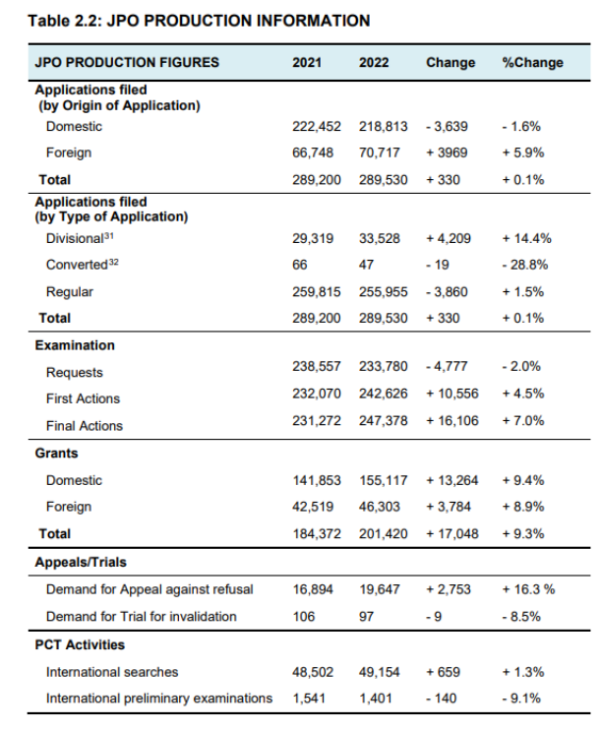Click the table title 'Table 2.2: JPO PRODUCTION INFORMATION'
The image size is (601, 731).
click(x=199, y=20)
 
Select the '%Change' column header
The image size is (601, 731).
click(x=532, y=62)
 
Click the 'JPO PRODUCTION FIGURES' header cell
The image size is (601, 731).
click(x=127, y=62)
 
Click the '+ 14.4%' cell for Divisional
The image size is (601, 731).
click(x=527, y=239)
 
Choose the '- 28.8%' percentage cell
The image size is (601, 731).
click(x=526, y=266)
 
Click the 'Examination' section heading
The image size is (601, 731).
click(x=75, y=345)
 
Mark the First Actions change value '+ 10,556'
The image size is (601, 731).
click(x=457, y=398)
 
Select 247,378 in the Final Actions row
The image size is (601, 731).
click(x=384, y=425)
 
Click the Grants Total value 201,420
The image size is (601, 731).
click(x=384, y=533)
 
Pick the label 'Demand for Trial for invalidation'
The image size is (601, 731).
click(x=142, y=616)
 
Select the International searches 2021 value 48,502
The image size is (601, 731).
click(x=314, y=672)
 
